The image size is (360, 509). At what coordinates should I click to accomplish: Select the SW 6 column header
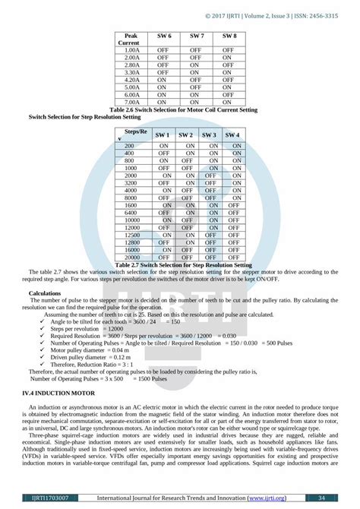pos(163,36)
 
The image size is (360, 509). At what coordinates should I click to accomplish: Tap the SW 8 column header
pos(229,36)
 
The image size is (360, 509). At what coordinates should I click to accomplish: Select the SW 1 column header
pos(163,134)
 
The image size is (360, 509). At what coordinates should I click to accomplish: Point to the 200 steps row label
pos(129,146)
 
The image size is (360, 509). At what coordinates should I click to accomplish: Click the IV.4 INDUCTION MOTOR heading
pos(59,393)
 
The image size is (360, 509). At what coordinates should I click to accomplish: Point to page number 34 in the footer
pos(321,498)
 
